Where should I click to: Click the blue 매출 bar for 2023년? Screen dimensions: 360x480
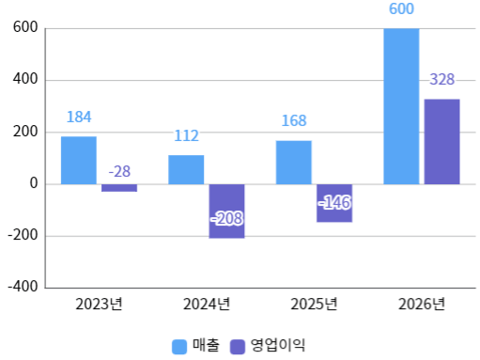(79, 161)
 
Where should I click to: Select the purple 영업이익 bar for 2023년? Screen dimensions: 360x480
(119, 188)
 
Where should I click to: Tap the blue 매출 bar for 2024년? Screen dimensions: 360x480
(186, 169)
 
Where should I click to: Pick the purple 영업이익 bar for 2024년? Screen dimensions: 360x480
(226, 211)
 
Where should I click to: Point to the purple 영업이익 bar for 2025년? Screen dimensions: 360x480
(334, 203)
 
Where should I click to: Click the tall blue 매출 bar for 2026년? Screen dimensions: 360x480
(401, 106)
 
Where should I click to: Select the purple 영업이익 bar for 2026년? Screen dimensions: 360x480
(441, 141)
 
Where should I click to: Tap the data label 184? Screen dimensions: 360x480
(79, 117)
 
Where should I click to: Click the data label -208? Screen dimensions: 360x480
(226, 219)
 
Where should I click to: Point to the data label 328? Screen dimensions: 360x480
(441, 80)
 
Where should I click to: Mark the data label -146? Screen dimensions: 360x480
(334, 203)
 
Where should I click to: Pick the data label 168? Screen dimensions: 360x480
(294, 121)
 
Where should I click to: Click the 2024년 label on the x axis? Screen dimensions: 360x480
(207, 304)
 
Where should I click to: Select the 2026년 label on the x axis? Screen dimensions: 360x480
(422, 304)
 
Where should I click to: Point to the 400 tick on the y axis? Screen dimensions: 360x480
(24, 80)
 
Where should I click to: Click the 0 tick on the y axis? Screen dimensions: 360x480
(33, 184)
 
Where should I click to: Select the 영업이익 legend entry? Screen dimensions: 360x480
(268, 345)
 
